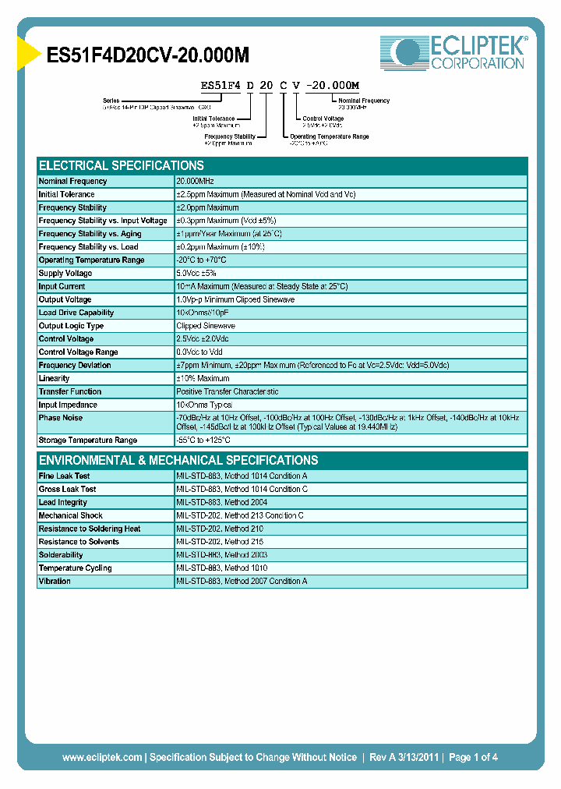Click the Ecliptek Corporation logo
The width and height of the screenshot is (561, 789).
(453, 53)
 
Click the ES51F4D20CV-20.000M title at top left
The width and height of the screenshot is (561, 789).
(149, 55)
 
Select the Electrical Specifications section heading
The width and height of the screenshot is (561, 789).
(122, 165)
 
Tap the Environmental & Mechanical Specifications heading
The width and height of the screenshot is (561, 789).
(178, 460)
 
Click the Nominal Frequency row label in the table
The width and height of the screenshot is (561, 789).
(72, 181)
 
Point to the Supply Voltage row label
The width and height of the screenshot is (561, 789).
(65, 273)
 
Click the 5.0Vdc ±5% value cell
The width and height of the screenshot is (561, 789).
(196, 273)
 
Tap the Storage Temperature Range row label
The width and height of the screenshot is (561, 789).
(88, 440)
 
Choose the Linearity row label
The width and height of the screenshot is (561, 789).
(54, 378)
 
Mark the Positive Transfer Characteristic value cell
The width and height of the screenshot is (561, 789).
(228, 391)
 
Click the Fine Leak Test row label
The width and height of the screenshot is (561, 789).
(64, 476)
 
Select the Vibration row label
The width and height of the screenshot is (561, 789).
(55, 581)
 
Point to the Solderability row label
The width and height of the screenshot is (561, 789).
(62, 554)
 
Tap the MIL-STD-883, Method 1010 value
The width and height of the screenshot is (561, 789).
(222, 568)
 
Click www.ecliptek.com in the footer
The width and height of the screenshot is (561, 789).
(102, 757)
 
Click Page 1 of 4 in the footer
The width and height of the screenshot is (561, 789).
(473, 757)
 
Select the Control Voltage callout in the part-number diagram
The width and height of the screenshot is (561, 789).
(323, 119)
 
